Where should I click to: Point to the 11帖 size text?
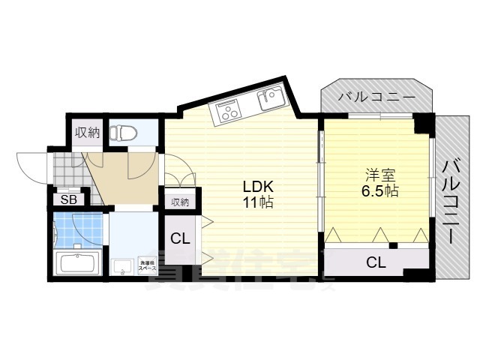256,202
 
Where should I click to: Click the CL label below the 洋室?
376,262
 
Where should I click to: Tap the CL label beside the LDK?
180,240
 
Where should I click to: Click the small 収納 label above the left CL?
180,202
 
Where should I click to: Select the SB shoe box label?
68,199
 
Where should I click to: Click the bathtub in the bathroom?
78,265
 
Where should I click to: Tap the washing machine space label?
147,265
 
